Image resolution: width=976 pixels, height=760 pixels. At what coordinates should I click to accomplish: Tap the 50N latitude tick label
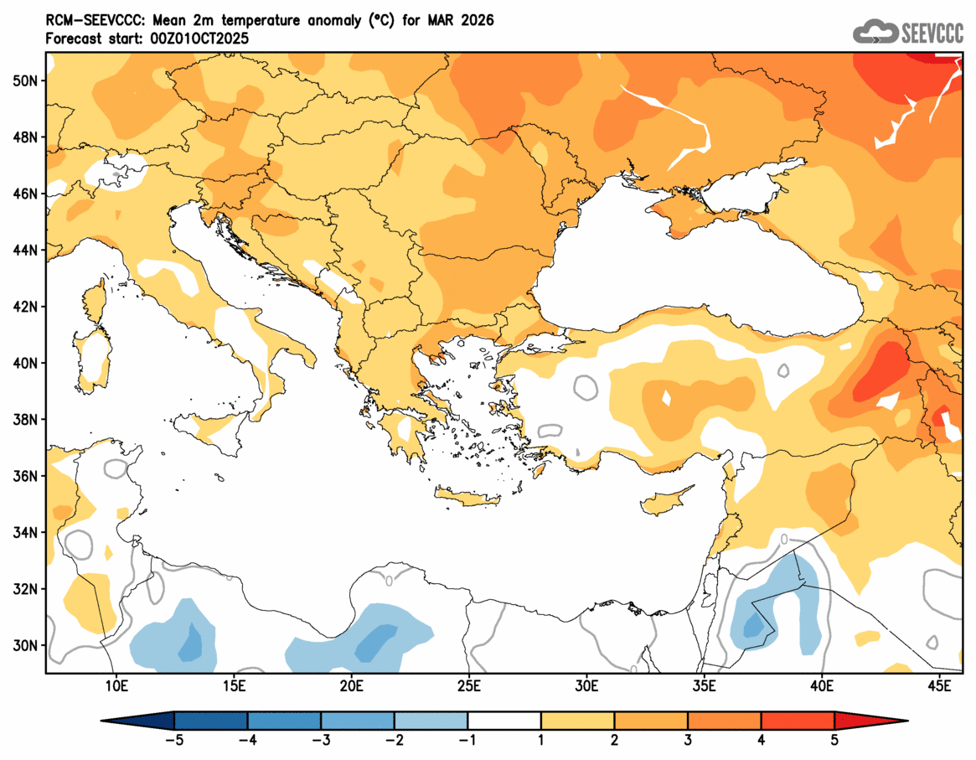pos(26,80)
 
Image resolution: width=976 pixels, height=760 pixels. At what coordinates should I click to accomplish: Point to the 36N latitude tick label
pos(26,476)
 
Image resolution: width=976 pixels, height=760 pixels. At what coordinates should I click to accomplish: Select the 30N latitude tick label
pos(26,645)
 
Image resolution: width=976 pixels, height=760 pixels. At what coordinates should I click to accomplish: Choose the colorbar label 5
pos(834,740)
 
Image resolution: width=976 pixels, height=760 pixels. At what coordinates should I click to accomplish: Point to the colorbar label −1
pos(467,740)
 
